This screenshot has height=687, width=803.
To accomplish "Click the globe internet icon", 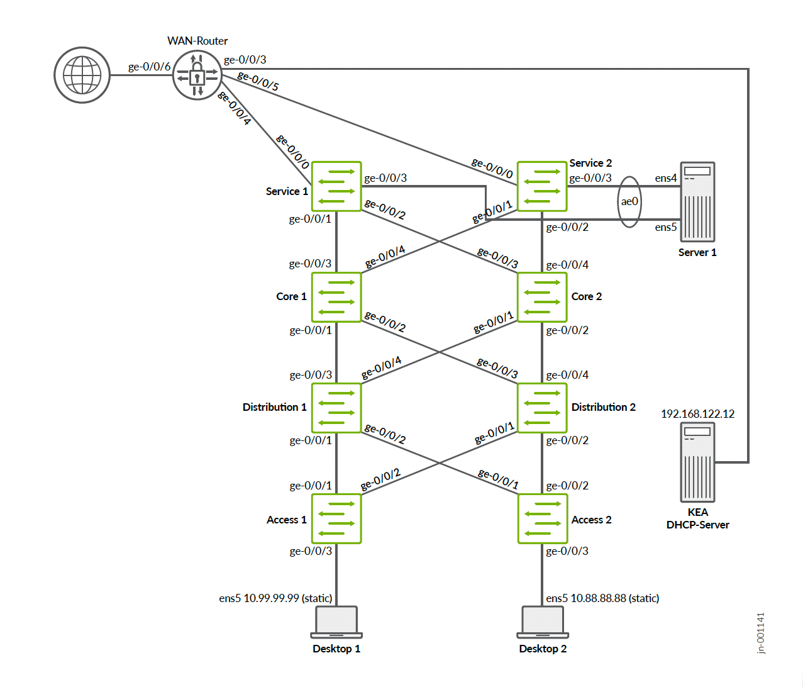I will pos(82,75).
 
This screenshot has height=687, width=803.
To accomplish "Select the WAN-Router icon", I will pos(197,75).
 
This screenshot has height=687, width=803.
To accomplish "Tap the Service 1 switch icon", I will pos(336,186).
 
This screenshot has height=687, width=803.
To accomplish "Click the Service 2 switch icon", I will pos(542,186).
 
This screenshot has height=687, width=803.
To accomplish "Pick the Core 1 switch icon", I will pos(336,297).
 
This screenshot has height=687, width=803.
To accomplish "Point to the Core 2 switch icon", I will pos(542,297).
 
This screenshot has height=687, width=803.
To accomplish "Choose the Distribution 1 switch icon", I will pos(336,408).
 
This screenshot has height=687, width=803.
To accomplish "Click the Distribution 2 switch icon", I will pos(542,408).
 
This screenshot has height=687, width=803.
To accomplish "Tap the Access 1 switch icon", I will pos(336,518).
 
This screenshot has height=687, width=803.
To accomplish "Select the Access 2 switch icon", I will pos(542,518).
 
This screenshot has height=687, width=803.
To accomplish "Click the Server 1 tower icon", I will pos(697,201).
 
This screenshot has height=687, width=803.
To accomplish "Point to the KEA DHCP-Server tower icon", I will pos(697,462).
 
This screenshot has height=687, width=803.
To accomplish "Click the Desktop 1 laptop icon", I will pos(336,622).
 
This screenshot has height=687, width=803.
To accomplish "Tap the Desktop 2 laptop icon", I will pos(542,622).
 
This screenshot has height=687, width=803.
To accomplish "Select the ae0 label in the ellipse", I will pos(629,201).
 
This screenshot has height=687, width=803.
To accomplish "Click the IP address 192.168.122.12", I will pos(697,414).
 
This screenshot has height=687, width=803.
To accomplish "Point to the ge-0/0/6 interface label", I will pos(149,67).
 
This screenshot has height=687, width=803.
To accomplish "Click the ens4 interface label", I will pos(665,178).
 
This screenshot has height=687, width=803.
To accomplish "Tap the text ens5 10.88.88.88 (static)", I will pos(602,598).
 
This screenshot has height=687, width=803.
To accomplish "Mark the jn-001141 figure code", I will pos(761,633).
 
